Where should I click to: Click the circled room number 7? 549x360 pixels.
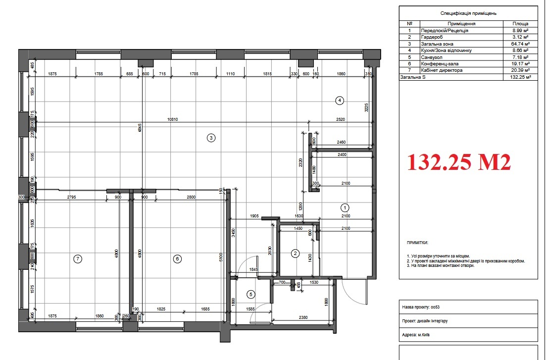pyautogui.click(x=77, y=258)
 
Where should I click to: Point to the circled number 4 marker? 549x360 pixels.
pyautogui.click(x=339, y=100)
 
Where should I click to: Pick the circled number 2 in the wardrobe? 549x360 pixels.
pyautogui.click(x=295, y=254)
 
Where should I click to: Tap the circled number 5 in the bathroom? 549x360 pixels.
pyautogui.click(x=251, y=294)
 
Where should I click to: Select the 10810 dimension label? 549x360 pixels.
pyautogui.click(x=173, y=119)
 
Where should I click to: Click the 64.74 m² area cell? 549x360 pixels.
pyautogui.click(x=520, y=44)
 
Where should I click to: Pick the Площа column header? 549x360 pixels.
pyautogui.click(x=520, y=23)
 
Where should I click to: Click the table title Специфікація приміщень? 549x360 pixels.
pyautogui.click(x=468, y=13)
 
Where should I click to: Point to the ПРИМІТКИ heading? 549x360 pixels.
pyautogui.click(x=417, y=243)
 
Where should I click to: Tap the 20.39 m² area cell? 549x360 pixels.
pyautogui.click(x=520, y=70)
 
